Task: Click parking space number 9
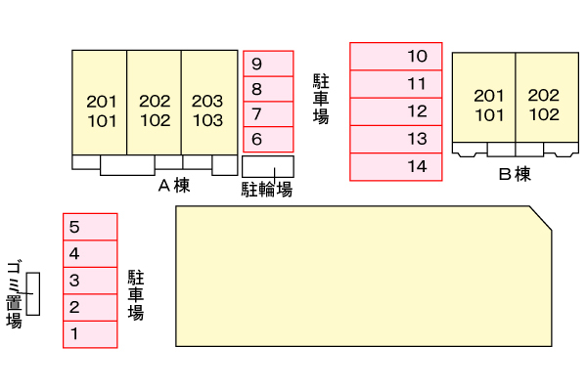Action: tap(268, 64)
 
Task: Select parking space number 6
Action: tap(268, 139)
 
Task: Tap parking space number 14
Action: tap(396, 166)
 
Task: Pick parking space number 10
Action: tap(396, 57)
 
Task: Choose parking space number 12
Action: tap(396, 111)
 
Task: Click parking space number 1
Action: tap(90, 334)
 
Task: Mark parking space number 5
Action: tap(90, 227)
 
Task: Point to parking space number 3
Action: tap(90, 281)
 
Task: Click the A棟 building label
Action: tap(173, 185)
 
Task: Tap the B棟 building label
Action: tap(514, 175)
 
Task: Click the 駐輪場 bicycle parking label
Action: tap(267, 189)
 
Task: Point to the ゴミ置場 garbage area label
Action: tap(14, 293)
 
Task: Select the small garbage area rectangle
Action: tap(33, 294)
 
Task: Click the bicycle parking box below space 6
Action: tap(268, 165)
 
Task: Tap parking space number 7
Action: tap(268, 113)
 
